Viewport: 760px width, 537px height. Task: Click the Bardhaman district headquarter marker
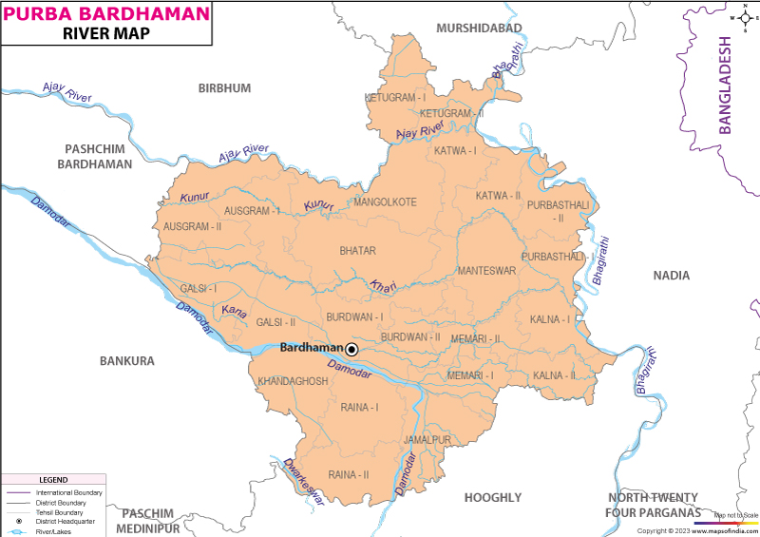pyautogui.click(x=351, y=350)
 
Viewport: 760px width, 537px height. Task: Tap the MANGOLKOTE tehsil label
pyautogui.click(x=385, y=201)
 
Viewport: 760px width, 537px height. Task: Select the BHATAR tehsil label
pyautogui.click(x=358, y=251)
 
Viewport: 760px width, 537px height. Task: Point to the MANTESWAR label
pyautogui.click(x=485, y=271)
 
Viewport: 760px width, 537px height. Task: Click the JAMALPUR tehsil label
pyautogui.click(x=427, y=440)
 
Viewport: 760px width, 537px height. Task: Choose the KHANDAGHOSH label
pyautogui.click(x=293, y=381)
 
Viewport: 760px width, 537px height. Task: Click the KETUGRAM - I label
pyautogui.click(x=394, y=97)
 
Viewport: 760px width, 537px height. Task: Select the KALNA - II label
pyautogui.click(x=554, y=376)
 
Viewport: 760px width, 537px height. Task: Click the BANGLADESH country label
pyautogui.click(x=726, y=86)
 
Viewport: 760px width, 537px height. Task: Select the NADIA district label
pyautogui.click(x=672, y=276)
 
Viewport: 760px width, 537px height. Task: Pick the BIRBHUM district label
pyautogui.click(x=224, y=88)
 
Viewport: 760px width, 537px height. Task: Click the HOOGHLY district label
pyautogui.click(x=493, y=497)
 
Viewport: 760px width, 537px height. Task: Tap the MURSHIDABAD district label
pyautogui.click(x=480, y=29)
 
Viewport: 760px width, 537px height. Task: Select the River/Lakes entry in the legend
pyautogui.click(x=53, y=531)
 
